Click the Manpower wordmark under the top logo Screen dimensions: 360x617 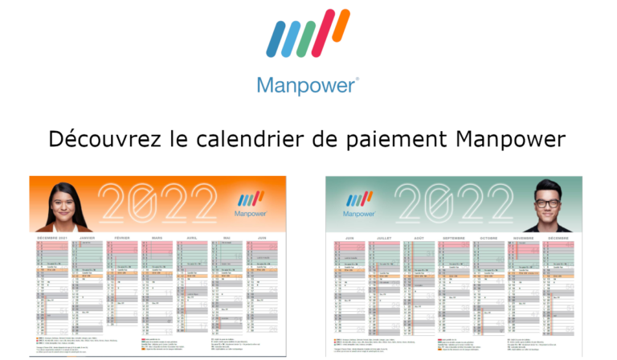click(x=308, y=84)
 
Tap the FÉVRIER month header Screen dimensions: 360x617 click(x=121, y=238)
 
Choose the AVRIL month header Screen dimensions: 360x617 click(x=191, y=238)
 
